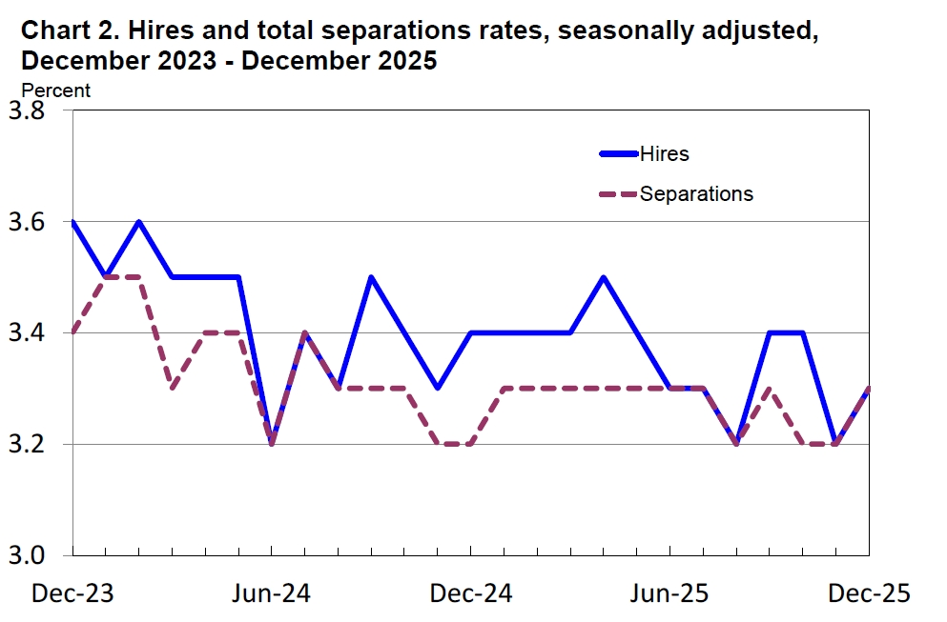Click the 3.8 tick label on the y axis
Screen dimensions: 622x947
tap(26, 111)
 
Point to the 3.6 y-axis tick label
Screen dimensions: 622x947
tap(26, 222)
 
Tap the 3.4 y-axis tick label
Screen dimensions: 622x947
tap(26, 333)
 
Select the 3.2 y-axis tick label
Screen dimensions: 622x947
tap(26, 445)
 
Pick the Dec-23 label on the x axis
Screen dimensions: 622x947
tap(72, 593)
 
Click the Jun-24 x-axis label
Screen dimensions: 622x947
tap(271, 593)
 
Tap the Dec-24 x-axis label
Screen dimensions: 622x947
tap(471, 593)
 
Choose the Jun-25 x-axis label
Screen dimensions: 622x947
tap(670, 593)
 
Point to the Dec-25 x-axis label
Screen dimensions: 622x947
tap(869, 593)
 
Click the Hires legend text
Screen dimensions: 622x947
tap(664, 153)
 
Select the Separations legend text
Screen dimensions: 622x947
tap(696, 194)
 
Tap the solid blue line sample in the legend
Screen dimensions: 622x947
tap(617, 153)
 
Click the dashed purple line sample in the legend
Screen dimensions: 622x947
tap(617, 194)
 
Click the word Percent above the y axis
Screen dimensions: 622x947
tap(56, 90)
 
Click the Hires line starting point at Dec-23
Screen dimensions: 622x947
tap(72, 222)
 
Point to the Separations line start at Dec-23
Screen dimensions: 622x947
tap(72, 333)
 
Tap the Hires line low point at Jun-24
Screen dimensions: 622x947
tap(272, 444)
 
